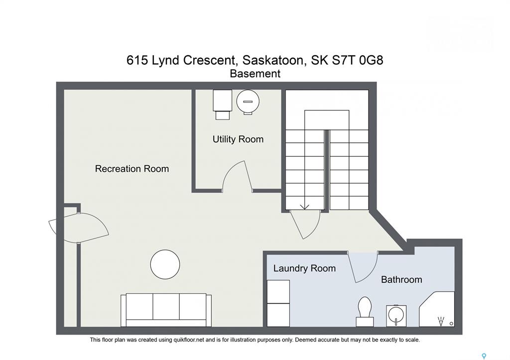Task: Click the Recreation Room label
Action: point(131,169)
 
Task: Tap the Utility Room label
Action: point(238,139)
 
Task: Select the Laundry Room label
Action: point(304,268)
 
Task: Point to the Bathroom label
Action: point(401,280)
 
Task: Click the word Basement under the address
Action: point(255,74)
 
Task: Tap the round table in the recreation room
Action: point(165,264)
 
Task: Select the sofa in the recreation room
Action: point(166,310)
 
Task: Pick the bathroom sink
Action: point(396,316)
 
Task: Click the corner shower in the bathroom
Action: point(437,309)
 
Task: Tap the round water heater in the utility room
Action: point(248,102)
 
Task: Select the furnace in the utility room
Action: point(223,105)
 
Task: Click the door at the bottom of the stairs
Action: point(305,225)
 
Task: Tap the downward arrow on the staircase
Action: point(304,207)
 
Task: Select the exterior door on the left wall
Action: point(78,228)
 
